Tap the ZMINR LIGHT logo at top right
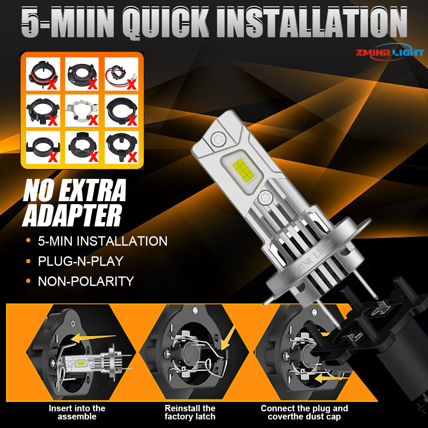390,52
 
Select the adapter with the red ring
43,74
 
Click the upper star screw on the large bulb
218,139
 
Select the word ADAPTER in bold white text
72,216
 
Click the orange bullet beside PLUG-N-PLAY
28,261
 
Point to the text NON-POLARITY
86,281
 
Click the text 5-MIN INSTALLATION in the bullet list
103,241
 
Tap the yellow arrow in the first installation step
93,338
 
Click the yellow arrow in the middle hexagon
228,338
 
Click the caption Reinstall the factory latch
190,412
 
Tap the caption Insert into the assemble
77,412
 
